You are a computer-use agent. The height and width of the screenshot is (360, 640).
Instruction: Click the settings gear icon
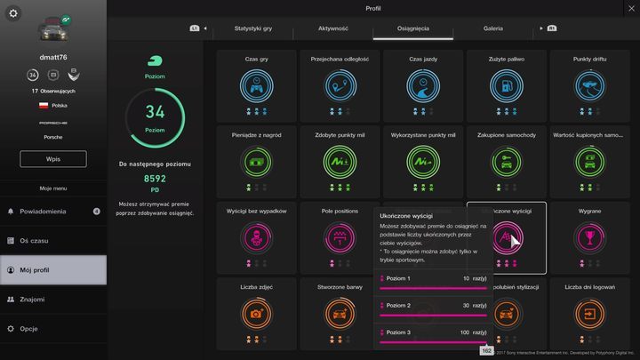[13, 13]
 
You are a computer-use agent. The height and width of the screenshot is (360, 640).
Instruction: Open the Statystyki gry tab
[253, 28]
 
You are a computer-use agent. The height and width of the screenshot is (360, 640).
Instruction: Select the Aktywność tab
[333, 28]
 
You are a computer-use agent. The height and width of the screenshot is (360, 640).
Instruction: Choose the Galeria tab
[493, 28]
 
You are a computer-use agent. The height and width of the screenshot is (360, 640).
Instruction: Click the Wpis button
[53, 159]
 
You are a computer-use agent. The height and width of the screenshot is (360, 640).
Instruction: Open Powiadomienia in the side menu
[53, 212]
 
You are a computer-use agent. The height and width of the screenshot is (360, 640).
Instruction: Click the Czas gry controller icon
[257, 86]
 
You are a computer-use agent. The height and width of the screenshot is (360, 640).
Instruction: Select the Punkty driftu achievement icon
[588, 86]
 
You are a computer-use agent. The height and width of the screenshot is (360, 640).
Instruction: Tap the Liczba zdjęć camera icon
[257, 314]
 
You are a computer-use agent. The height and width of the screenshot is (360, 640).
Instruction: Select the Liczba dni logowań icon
[588, 314]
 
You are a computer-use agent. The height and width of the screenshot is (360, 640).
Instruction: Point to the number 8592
[155, 179]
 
